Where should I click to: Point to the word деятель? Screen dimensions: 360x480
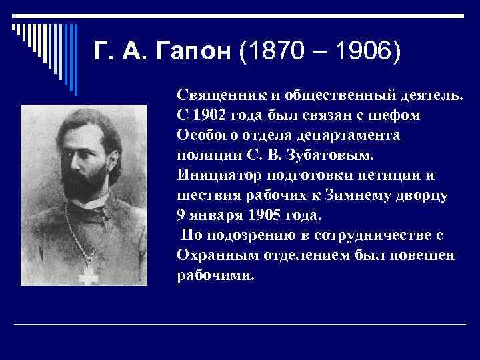(x=431, y=95)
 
